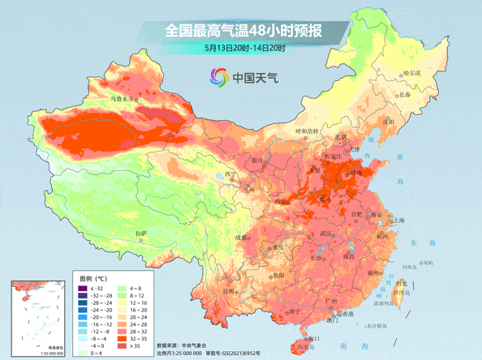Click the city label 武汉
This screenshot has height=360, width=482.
coord(328,234)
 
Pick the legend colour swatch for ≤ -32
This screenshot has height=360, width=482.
coord(83,288)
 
